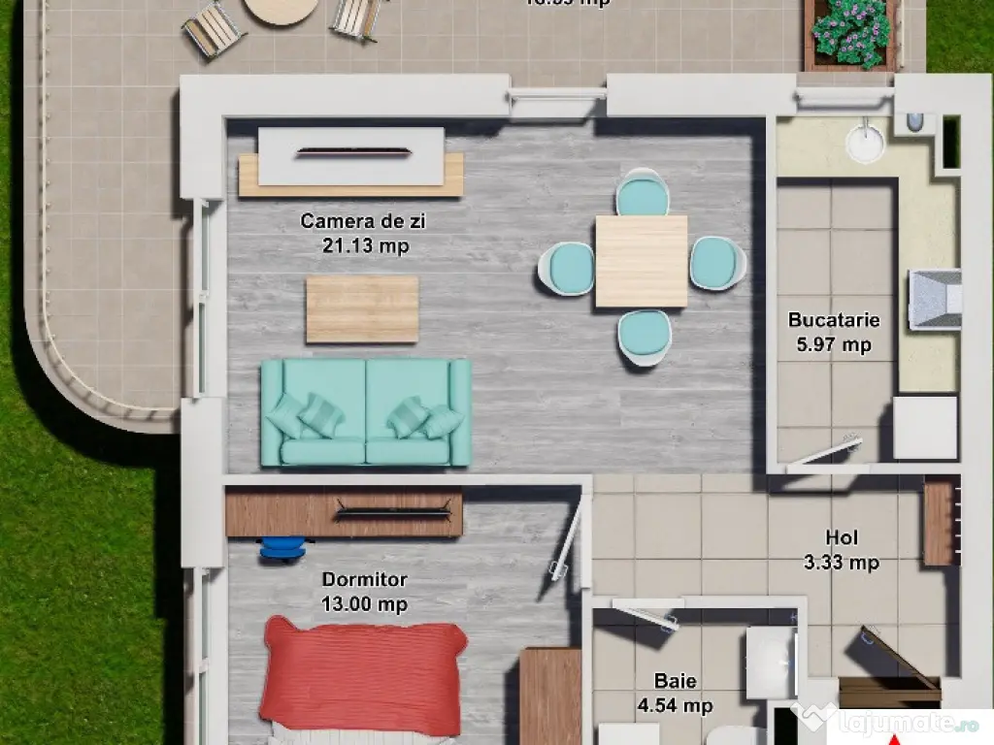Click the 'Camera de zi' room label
[x=362, y=221]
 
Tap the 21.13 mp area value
[x=365, y=246]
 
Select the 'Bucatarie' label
[x=834, y=319]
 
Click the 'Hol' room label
[x=842, y=537]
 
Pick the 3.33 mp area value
[x=841, y=562]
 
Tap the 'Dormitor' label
[x=364, y=580]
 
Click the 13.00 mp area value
[x=364, y=604]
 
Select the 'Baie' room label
[x=675, y=682]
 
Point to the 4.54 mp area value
[x=675, y=706]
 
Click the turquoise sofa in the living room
[x=366, y=412]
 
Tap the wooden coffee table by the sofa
[x=362, y=309]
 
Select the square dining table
[x=641, y=261]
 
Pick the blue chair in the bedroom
[x=282, y=548]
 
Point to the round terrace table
[x=280, y=10]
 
